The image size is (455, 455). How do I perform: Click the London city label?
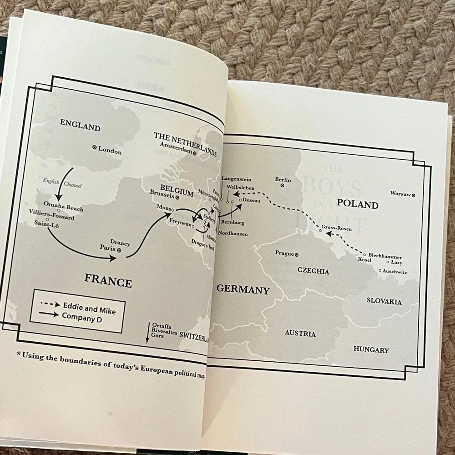click(110, 152)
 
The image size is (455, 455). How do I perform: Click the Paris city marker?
click(119, 250)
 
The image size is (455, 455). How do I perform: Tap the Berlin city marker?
click(282, 186)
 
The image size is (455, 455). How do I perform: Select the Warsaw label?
click(400, 193)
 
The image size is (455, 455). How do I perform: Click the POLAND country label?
click(358, 204)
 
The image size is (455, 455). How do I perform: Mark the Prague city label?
click(284, 253)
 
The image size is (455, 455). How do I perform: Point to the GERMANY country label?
click(243, 289)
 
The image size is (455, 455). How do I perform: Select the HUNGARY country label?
click(371, 349)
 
